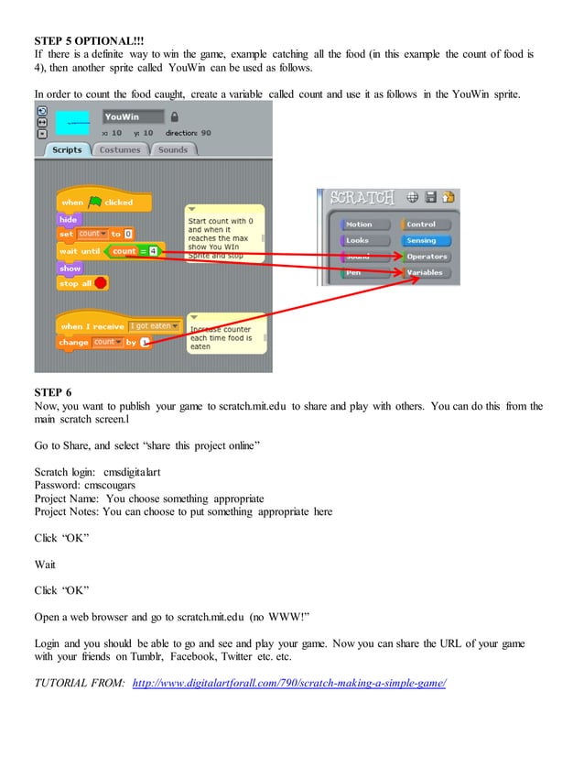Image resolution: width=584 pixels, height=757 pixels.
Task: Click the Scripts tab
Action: click(67, 150)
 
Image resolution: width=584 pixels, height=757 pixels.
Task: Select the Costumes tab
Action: click(120, 150)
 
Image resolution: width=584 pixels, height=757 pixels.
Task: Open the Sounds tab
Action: click(172, 150)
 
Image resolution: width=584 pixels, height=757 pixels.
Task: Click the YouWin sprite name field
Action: click(133, 117)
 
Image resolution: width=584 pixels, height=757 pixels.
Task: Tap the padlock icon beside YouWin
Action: click(175, 117)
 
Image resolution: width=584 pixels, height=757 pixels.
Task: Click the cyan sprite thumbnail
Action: click(73, 123)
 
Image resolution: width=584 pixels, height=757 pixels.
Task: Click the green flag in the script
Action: click(95, 202)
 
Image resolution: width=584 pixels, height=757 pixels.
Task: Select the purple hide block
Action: click(69, 219)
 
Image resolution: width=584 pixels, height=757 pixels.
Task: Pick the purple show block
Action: click(70, 269)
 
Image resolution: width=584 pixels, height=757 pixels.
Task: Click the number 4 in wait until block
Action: click(154, 251)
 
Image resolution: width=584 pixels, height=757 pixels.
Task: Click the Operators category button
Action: click(426, 257)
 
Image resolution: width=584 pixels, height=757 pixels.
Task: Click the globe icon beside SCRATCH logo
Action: click(413, 197)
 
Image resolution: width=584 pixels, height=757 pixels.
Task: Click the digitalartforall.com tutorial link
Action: click(288, 683)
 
